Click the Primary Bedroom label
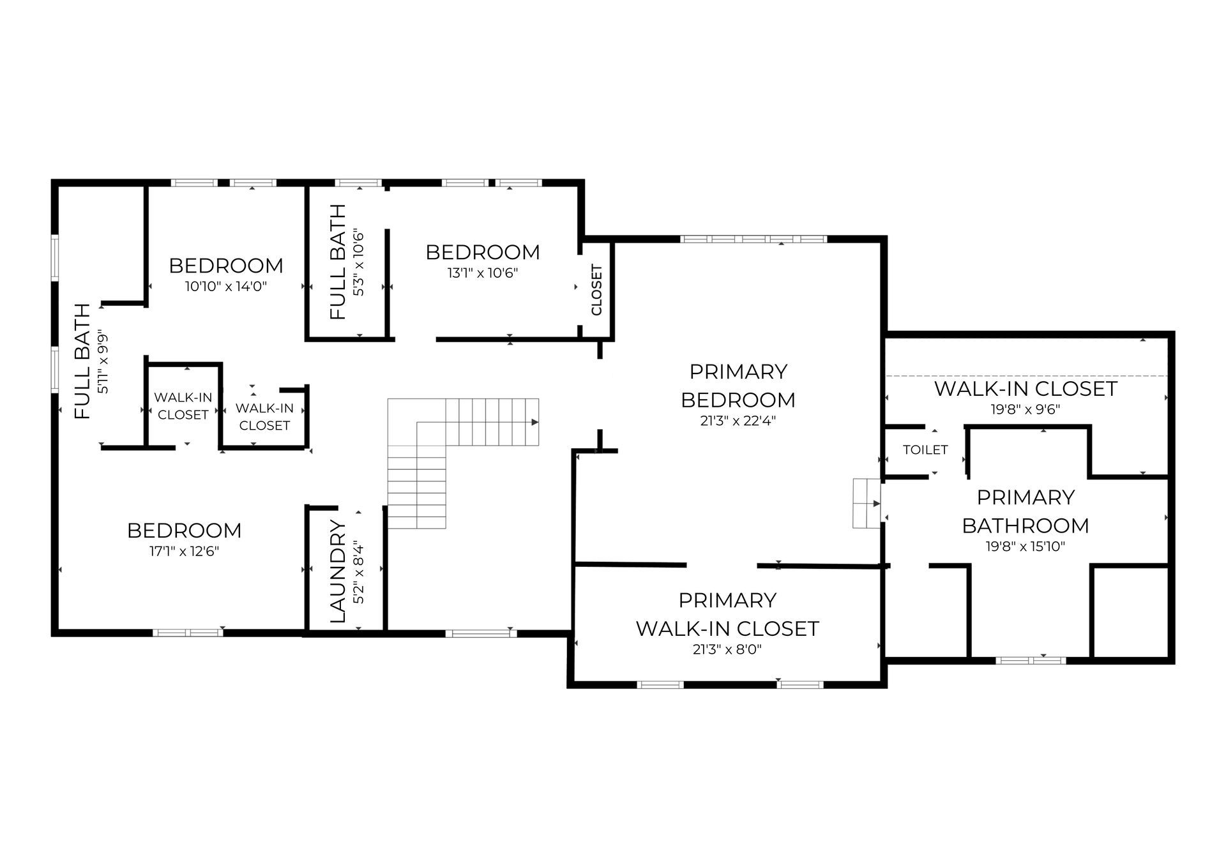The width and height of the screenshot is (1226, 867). (738, 386)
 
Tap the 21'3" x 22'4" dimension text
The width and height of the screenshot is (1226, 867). (738, 421)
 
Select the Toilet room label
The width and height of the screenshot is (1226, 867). (925, 450)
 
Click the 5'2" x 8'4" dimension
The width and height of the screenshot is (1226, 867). (359, 573)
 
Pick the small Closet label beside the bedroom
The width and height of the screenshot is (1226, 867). (597, 290)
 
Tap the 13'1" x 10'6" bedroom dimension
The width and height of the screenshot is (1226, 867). (483, 273)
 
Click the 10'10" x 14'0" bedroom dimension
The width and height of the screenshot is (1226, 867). (226, 287)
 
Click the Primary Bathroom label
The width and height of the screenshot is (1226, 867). (1025, 511)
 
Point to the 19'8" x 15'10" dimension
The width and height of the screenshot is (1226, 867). (1025, 547)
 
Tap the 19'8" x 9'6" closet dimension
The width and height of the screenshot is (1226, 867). (1025, 410)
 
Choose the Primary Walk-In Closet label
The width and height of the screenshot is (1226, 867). (727, 614)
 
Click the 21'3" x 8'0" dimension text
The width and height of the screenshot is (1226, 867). (727, 650)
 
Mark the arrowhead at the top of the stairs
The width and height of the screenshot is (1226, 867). (535, 423)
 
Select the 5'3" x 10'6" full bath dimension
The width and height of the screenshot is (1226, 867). (359, 262)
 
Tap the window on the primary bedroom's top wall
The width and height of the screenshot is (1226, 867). (753, 239)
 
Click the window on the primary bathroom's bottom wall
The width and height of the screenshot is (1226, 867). (1031, 660)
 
